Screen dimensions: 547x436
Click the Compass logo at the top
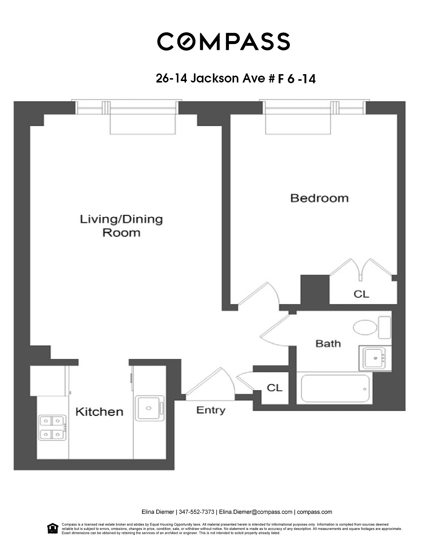coord(223,41)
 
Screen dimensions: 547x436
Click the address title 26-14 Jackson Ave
coord(235,78)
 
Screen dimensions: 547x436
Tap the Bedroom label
coord(319,198)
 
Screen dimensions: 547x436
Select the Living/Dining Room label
coord(121,226)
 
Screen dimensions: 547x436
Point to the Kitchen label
coord(99,412)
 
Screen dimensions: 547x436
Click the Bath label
coord(328,343)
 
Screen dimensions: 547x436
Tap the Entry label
coord(211,410)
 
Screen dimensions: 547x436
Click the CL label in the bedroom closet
coord(361,294)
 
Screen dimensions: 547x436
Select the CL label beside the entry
coord(274,388)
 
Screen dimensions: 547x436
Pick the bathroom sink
coord(375,358)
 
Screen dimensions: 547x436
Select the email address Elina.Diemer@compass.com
coord(255,512)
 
